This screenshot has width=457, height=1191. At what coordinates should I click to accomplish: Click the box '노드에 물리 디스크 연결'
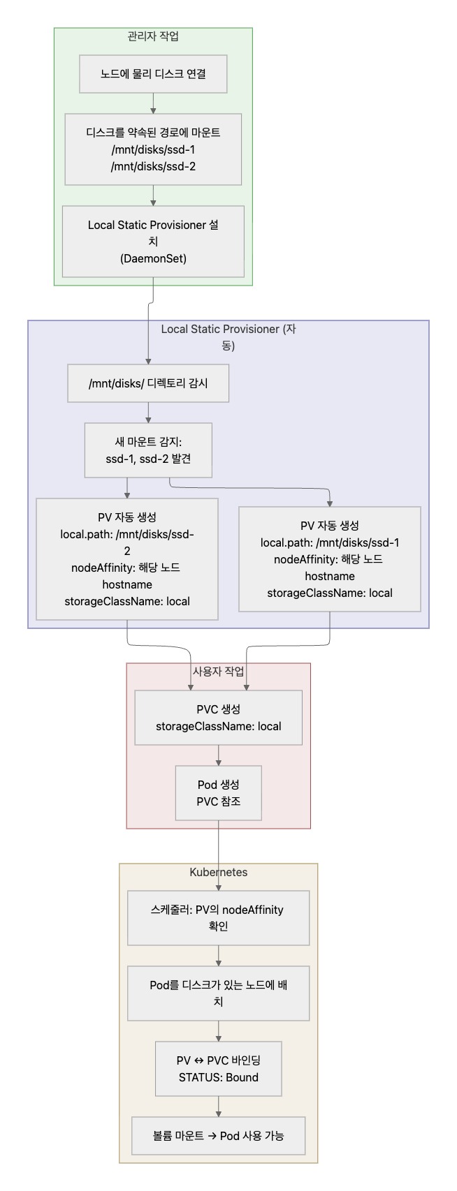(153, 74)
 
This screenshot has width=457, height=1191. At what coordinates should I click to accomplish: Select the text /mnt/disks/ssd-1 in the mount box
(153, 149)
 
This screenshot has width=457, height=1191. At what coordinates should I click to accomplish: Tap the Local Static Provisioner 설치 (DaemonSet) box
(153, 242)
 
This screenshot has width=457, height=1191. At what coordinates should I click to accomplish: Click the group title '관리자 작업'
(153, 36)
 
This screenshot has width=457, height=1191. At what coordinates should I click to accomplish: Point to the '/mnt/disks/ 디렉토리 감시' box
(148, 383)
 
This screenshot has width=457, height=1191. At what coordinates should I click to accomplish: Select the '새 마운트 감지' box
(148, 450)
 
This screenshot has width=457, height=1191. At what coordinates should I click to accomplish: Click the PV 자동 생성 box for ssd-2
(127, 558)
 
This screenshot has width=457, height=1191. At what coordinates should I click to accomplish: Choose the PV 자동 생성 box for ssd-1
(330, 558)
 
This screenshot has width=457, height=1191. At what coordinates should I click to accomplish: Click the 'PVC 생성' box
(219, 718)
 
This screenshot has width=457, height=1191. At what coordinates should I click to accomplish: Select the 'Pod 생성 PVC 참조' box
(219, 793)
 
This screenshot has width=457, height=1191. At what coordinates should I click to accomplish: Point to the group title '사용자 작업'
(219, 672)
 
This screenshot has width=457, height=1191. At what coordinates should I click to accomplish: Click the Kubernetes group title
(219, 872)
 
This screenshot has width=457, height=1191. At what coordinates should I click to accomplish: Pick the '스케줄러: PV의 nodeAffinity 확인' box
(219, 918)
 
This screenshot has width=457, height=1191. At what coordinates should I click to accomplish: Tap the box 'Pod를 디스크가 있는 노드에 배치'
(219, 993)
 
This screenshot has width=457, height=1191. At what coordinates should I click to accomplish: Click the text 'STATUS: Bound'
(219, 1077)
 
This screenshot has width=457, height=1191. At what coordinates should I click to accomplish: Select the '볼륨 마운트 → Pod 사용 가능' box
(219, 1136)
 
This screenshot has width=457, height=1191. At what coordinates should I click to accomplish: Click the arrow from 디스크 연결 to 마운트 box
(153, 103)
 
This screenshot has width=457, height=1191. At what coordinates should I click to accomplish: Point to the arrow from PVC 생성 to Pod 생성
(219, 755)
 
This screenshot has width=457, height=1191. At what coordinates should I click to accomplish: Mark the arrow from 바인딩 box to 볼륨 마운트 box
(219, 1107)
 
